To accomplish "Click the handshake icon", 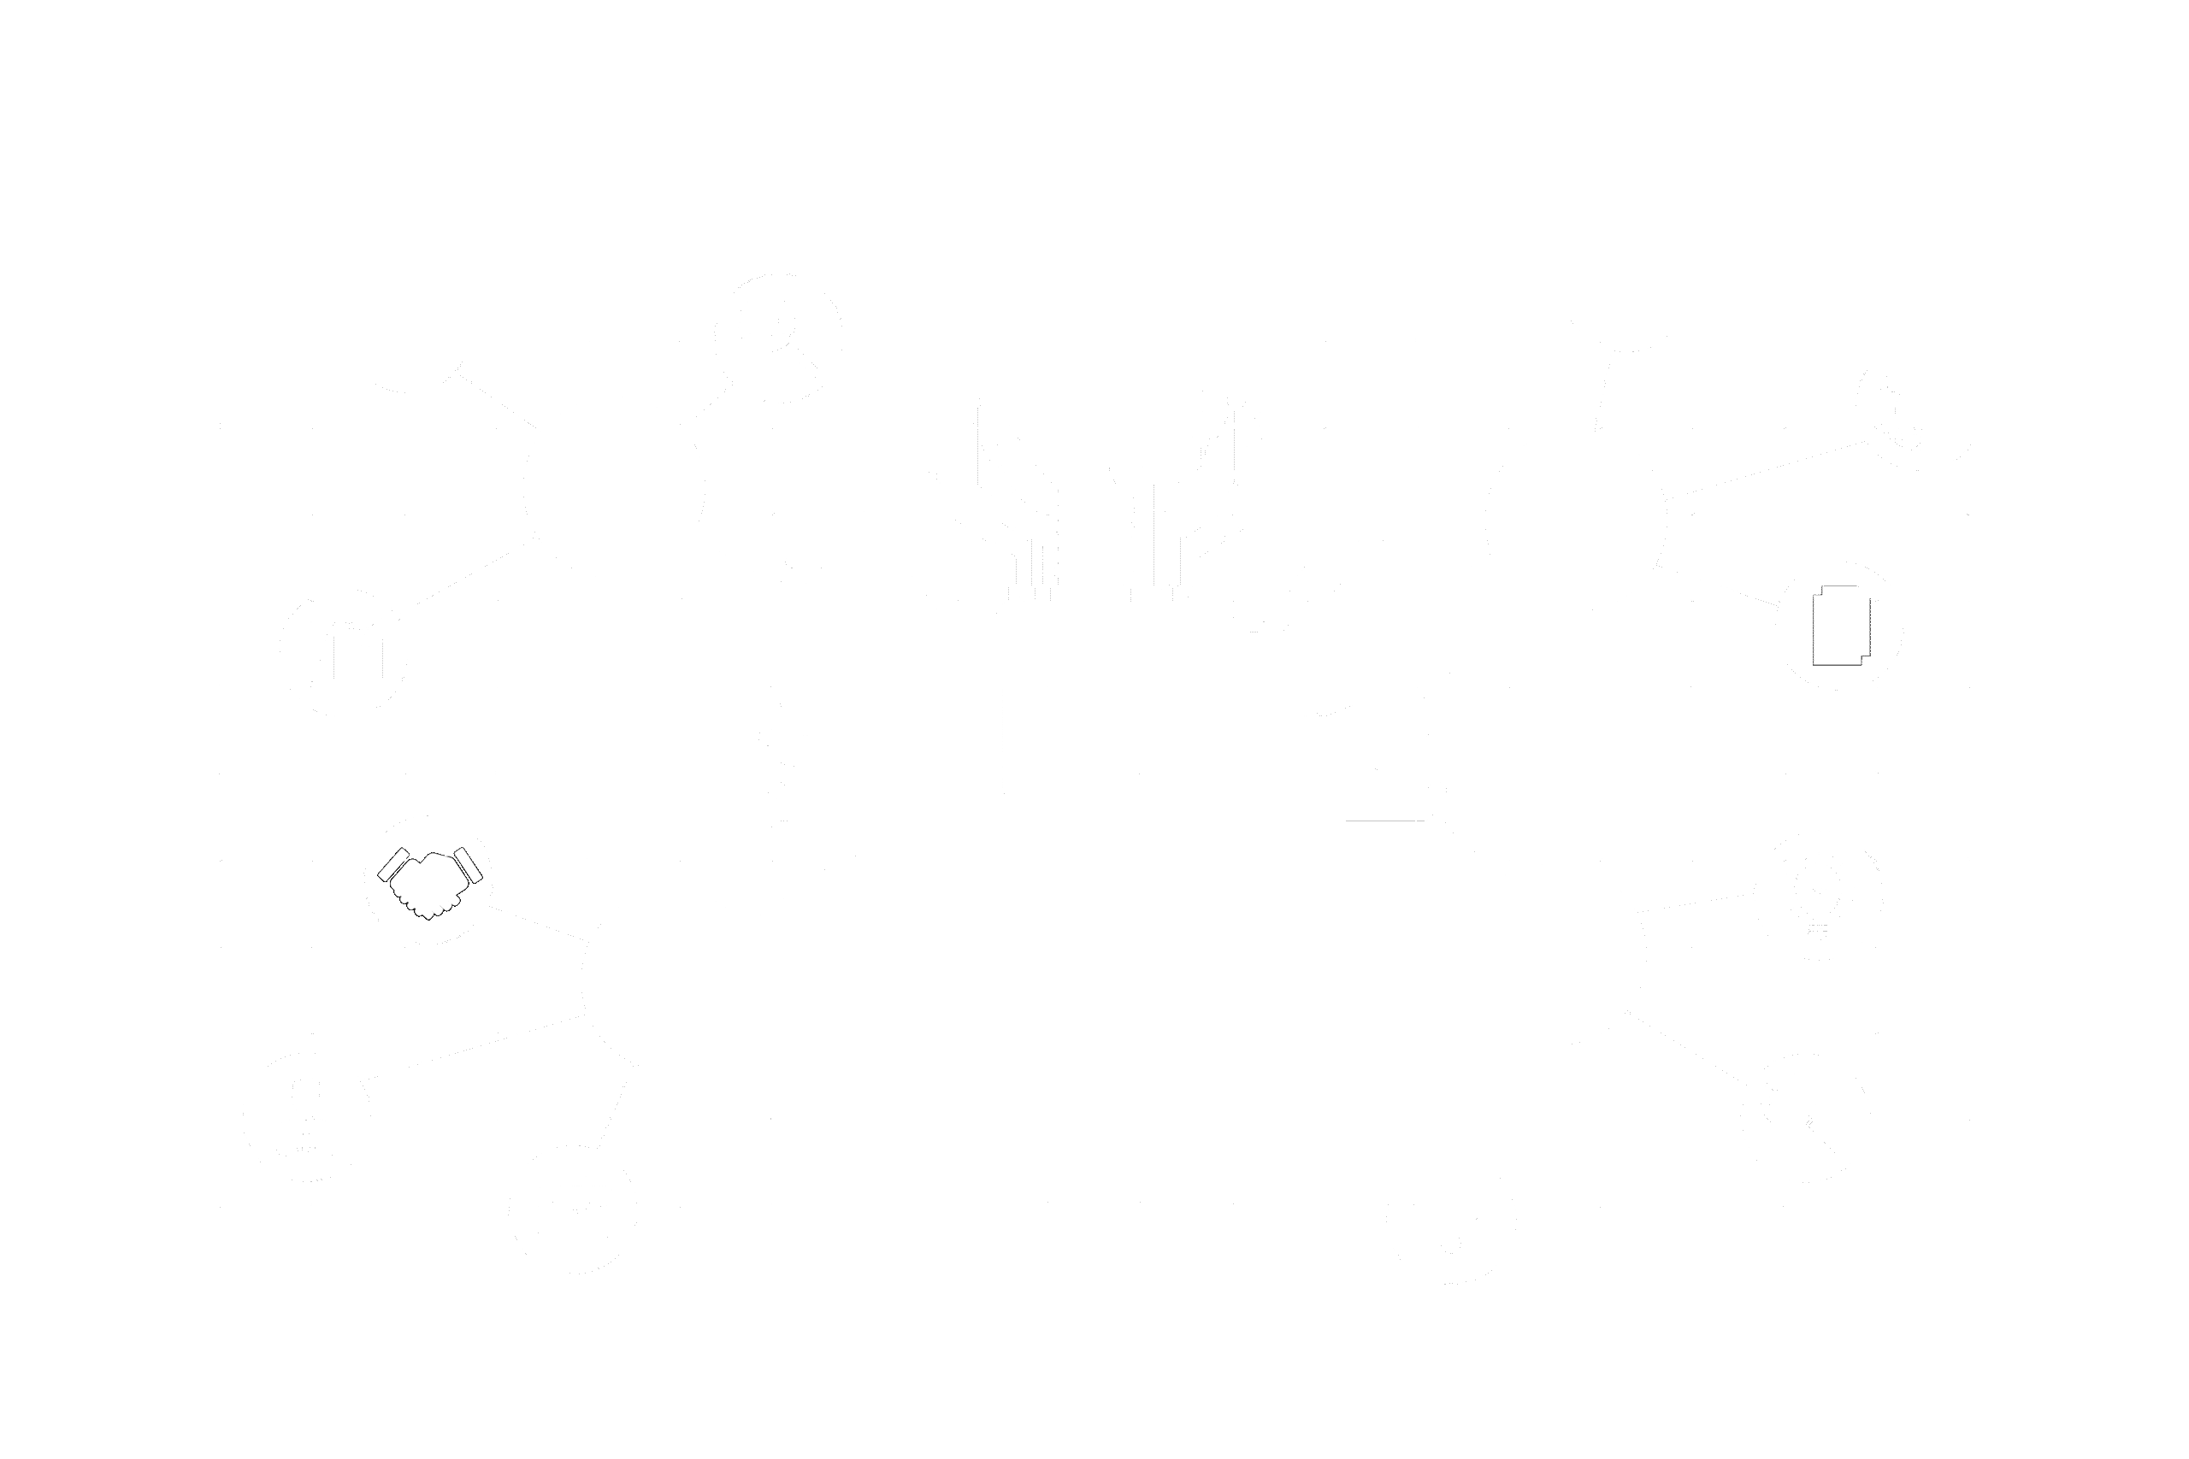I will (429, 881).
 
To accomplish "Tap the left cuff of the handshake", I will (392, 863).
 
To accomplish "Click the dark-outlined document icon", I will (1840, 626).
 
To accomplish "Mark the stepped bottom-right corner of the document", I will (1864, 660).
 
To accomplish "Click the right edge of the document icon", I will (1869, 623).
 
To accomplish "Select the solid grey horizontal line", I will (1385, 821).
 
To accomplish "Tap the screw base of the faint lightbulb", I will (1818, 928).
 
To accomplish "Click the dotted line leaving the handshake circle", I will (540, 922).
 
